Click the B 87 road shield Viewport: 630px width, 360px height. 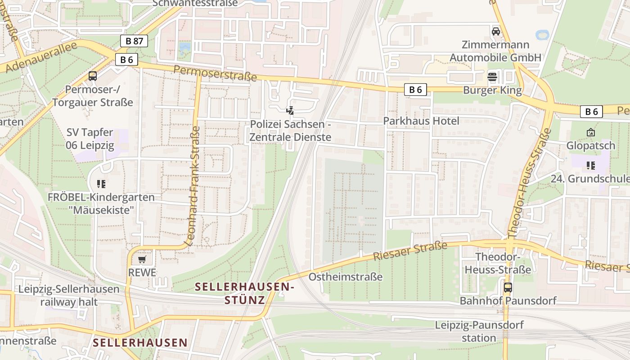(134, 41)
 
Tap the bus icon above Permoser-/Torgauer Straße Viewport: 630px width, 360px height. (93, 76)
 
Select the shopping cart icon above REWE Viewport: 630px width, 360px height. (142, 260)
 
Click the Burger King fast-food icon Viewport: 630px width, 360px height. (492, 77)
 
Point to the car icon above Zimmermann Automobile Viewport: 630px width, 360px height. (496, 31)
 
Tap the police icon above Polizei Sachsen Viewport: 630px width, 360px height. (290, 110)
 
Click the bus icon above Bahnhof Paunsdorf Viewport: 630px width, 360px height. (508, 288)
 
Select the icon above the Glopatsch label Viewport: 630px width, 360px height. (590, 132)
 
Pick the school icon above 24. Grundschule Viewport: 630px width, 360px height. (590, 166)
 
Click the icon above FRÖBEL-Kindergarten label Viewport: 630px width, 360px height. (101, 184)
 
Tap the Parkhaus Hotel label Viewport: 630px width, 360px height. (421, 121)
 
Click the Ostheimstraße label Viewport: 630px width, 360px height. (345, 277)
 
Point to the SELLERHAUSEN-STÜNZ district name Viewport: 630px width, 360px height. (245, 293)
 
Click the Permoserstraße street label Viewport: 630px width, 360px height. (215, 73)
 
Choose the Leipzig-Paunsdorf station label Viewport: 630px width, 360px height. (479, 331)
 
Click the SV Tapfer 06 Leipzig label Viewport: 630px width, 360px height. (90, 139)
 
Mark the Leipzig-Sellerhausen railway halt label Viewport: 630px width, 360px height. (69, 295)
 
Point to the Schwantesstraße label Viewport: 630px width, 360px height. (195, 3)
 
